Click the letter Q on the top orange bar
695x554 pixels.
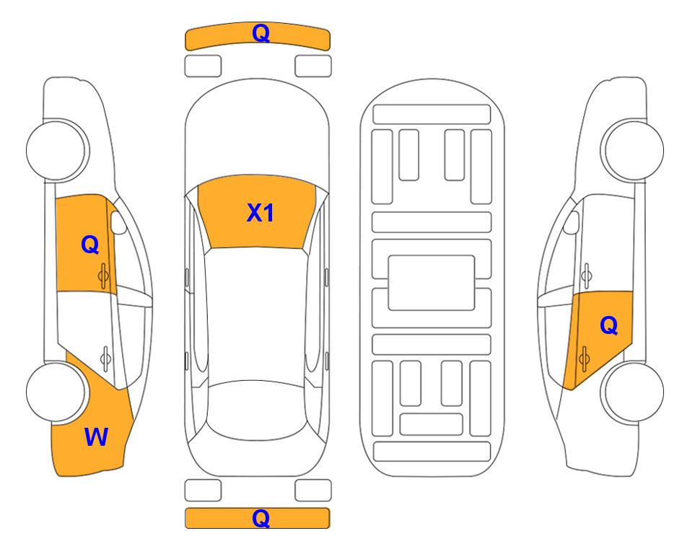[261, 33]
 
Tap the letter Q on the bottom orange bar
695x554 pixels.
[261, 518]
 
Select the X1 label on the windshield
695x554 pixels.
[260, 213]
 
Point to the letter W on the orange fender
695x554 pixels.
[96, 436]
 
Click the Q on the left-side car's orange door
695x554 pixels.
[89, 245]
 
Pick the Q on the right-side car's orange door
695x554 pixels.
[608, 326]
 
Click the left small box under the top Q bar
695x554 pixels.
[203, 66]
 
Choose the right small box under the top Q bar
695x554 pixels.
[313, 66]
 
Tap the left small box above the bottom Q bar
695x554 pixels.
[203, 490]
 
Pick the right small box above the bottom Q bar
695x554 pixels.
[313, 490]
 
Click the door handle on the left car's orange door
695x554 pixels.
[105, 273]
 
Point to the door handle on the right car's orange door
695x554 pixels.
[585, 356]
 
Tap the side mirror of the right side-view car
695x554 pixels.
[572, 222]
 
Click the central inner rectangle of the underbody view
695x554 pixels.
[431, 282]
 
